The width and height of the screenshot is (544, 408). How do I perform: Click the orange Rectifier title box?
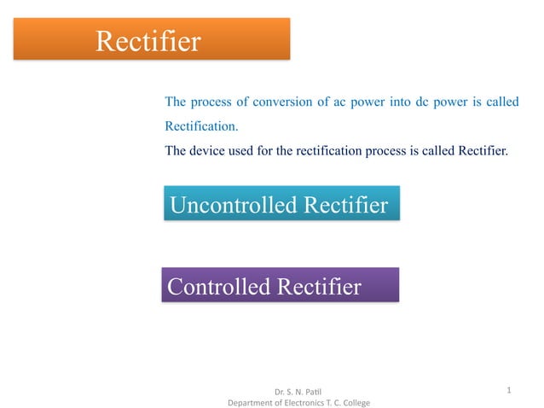coord(151,39)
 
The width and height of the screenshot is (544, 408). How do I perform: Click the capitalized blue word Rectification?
coord(201,126)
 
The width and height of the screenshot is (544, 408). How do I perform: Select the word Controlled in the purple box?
coord(219,287)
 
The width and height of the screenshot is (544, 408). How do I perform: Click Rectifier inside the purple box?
coord(319,287)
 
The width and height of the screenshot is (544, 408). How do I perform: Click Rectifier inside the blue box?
coord(346,206)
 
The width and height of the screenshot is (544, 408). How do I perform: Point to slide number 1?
coord(509,391)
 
